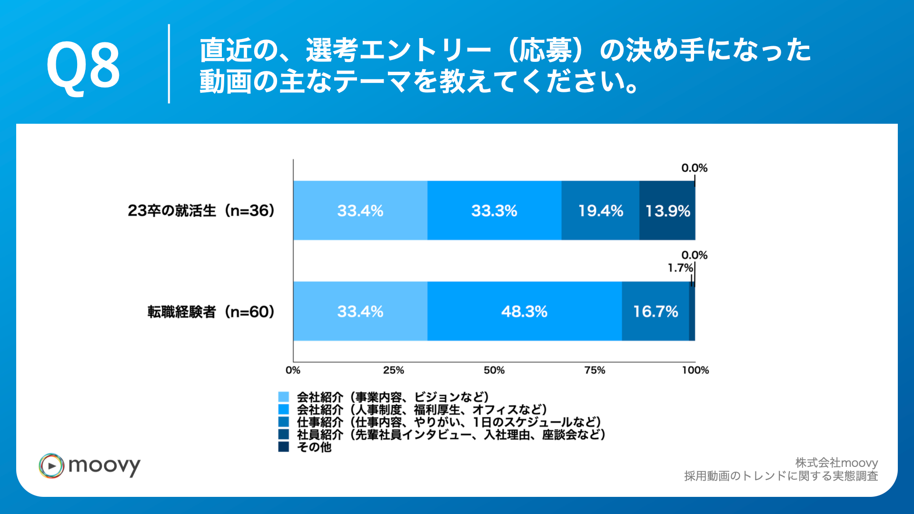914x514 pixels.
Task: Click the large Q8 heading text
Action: click(x=83, y=65)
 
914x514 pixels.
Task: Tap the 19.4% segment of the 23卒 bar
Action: click(x=600, y=210)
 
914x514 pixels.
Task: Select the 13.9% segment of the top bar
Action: click(x=667, y=210)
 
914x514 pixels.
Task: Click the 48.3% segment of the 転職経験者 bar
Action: click(x=524, y=311)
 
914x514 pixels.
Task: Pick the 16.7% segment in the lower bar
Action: click(x=655, y=311)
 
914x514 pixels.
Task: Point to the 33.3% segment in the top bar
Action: click(x=494, y=210)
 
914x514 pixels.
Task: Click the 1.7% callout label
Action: click(x=680, y=268)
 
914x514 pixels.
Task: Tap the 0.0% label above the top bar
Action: click(x=694, y=168)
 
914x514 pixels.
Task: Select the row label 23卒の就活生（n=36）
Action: click(x=201, y=210)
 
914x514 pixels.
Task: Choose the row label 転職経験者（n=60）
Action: click(x=211, y=312)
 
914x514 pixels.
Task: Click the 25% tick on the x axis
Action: click(x=393, y=370)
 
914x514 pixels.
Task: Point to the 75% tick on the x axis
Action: click(x=595, y=370)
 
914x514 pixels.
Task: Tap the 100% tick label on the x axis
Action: click(x=695, y=370)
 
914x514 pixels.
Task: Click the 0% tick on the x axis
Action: click(x=293, y=370)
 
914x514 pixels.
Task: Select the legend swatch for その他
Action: click(x=284, y=447)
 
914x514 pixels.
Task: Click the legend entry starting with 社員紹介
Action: click(x=450, y=435)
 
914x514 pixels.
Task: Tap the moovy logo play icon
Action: click(x=51, y=466)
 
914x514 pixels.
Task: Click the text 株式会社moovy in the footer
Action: click(x=836, y=463)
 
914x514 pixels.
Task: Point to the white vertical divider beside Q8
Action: click(x=169, y=64)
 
